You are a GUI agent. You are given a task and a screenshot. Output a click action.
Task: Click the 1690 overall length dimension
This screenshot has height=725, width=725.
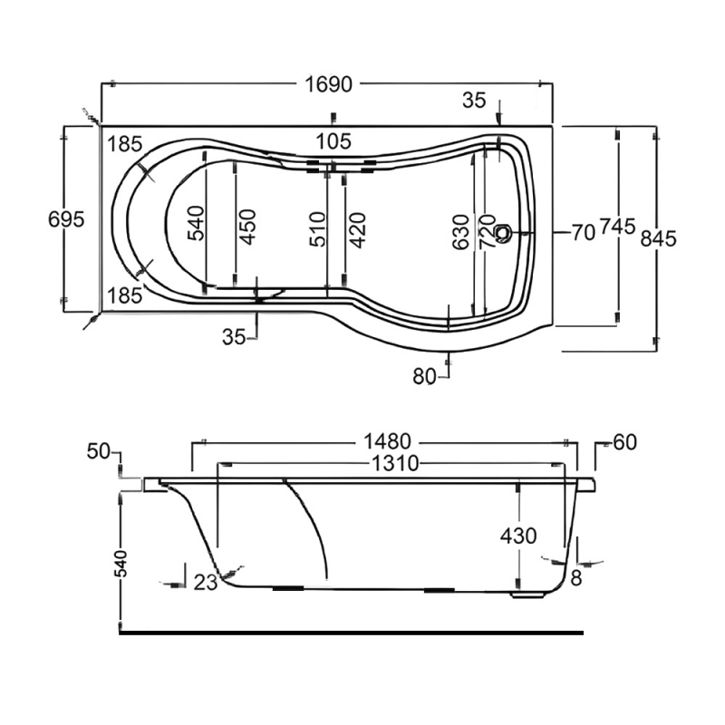[x=326, y=85]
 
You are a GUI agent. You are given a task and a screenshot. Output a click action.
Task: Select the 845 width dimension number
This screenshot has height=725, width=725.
[x=659, y=237]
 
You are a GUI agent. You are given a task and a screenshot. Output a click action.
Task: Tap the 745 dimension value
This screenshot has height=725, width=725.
[x=616, y=230]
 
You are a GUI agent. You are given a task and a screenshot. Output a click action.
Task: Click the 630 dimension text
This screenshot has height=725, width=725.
[x=461, y=232]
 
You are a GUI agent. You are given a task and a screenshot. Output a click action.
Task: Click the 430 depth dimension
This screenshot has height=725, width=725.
[x=518, y=536]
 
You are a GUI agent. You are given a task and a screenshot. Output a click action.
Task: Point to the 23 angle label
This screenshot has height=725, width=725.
[x=206, y=583]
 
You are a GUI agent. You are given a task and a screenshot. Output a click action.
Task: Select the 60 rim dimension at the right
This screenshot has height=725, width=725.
[x=624, y=442]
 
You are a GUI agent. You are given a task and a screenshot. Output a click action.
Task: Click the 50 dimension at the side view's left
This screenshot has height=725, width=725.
[x=99, y=450]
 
